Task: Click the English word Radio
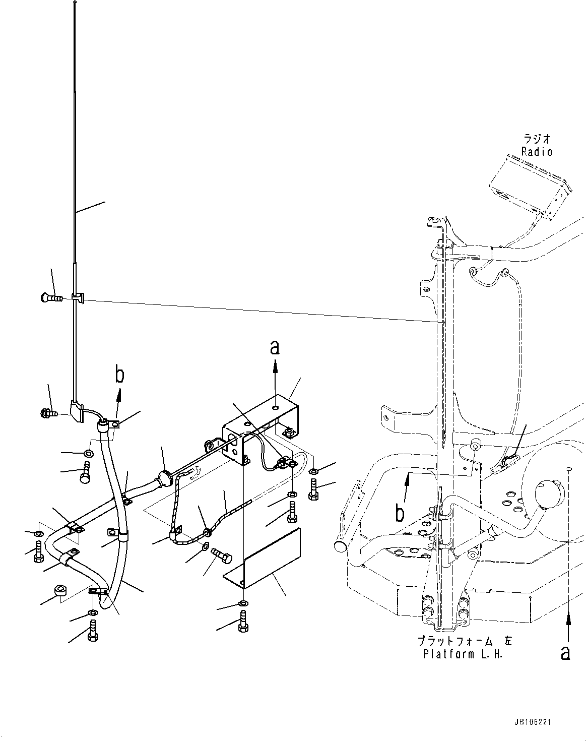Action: (x=537, y=152)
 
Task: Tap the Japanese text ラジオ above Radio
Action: (x=537, y=139)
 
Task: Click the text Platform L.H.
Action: (x=463, y=654)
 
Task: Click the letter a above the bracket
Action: (x=275, y=347)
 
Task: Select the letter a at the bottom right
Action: (x=566, y=653)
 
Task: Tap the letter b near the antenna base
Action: (x=119, y=376)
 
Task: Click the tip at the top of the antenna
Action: (x=75, y=4)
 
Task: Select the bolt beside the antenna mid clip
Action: (x=49, y=298)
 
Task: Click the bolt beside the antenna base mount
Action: (x=48, y=414)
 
